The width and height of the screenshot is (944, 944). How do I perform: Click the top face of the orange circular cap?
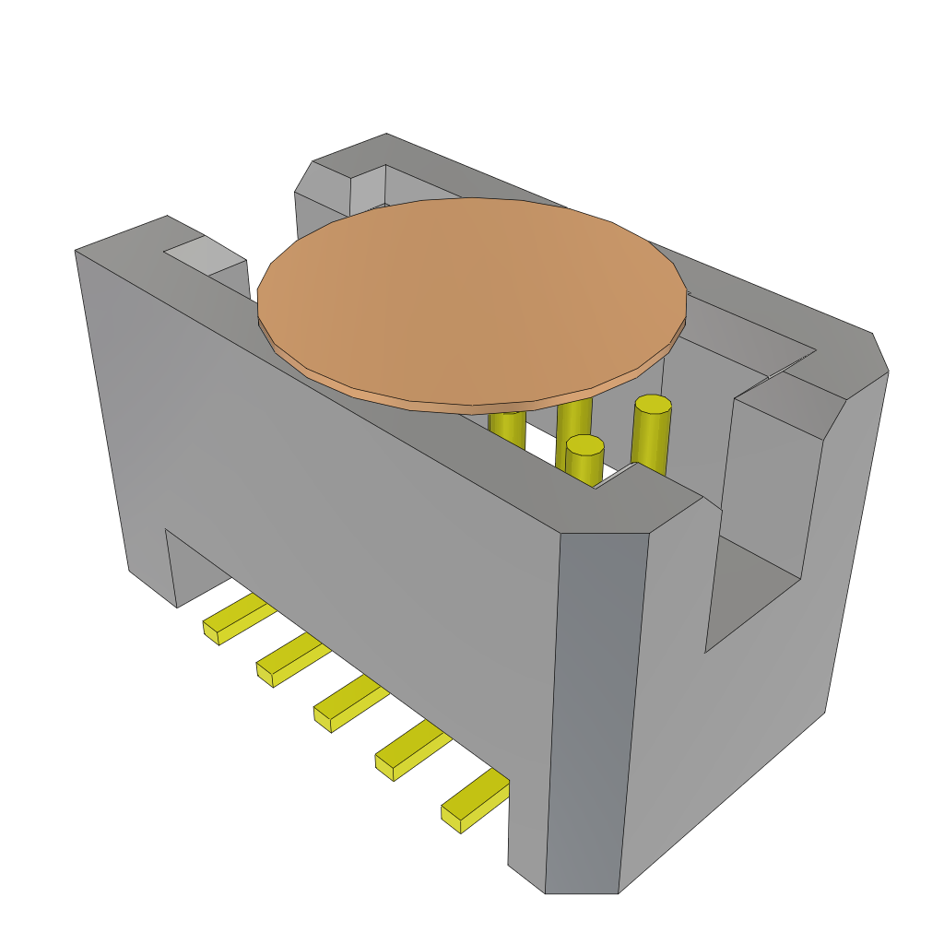point(470,295)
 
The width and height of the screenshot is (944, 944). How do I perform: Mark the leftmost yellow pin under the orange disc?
point(507,428)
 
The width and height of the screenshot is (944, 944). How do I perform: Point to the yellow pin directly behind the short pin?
point(573,419)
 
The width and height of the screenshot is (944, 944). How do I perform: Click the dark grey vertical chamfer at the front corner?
point(595,710)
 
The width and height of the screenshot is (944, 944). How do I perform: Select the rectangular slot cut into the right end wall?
point(756,590)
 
